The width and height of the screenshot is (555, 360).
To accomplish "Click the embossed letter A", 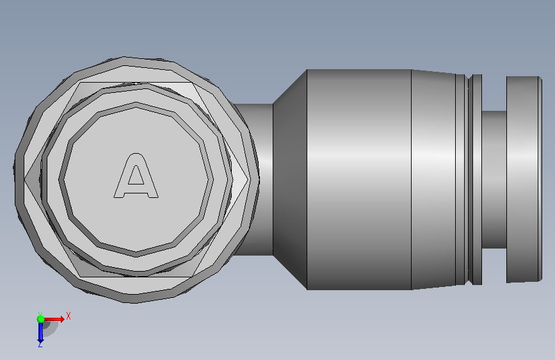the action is (x=136, y=176).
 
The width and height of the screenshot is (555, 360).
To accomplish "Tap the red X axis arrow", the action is (x=54, y=319).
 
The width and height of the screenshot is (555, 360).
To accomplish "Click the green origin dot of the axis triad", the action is (x=41, y=319).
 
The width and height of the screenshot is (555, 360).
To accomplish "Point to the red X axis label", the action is (x=68, y=316).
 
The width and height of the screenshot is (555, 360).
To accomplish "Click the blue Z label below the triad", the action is (x=40, y=345).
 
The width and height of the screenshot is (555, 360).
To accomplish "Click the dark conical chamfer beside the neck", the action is (x=290, y=179).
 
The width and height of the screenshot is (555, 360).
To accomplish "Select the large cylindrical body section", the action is (x=359, y=179).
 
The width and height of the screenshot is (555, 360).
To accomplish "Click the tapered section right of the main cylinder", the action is (x=433, y=179).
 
